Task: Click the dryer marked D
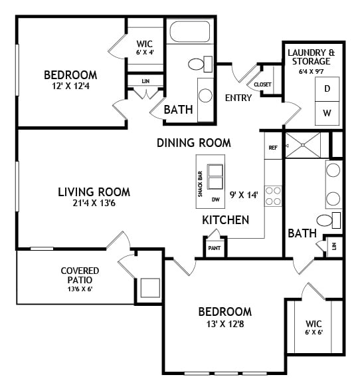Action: click(x=327, y=89)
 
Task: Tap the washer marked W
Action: click(x=327, y=113)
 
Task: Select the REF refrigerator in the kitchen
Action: click(x=272, y=148)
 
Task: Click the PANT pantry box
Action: click(x=215, y=247)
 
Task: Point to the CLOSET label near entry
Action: click(x=262, y=84)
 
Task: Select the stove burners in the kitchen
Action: click(x=272, y=195)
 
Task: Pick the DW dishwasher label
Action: click(x=215, y=199)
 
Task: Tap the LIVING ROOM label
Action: click(x=93, y=192)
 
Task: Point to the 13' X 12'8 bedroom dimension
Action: click(x=225, y=325)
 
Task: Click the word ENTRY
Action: click(x=238, y=98)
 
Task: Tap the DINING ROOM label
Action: click(x=194, y=142)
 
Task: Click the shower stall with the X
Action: click(x=302, y=144)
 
